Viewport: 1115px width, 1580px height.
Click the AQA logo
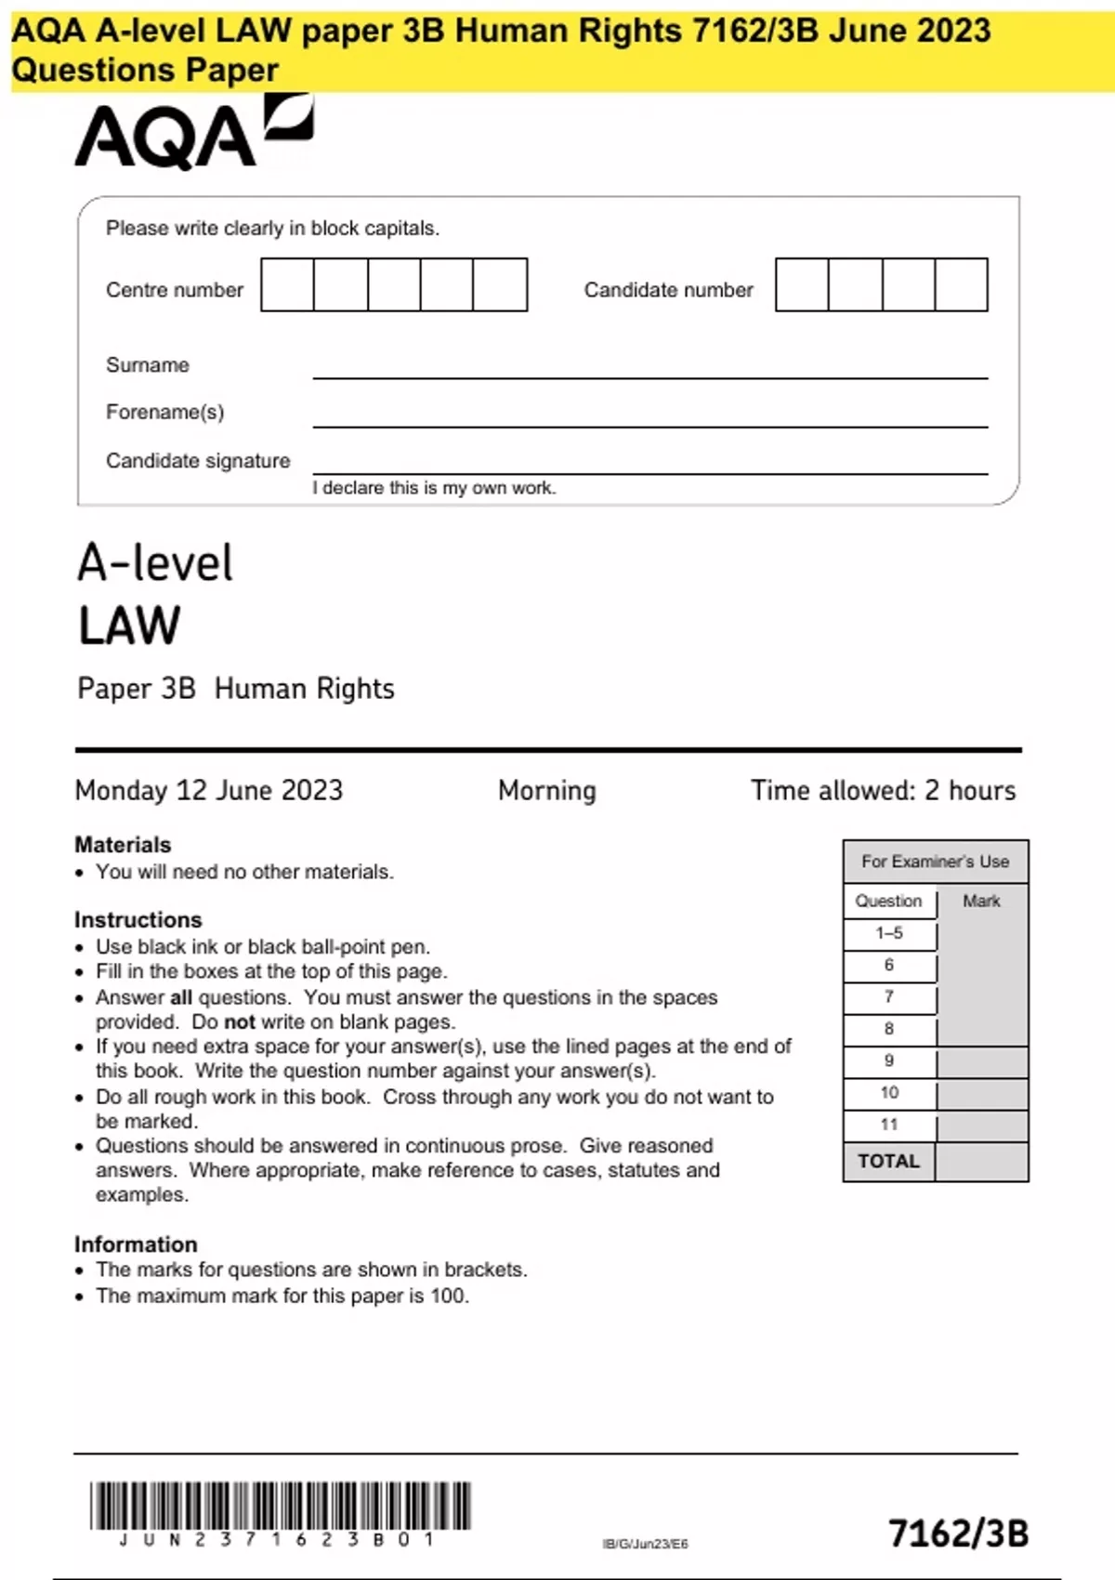[193, 134]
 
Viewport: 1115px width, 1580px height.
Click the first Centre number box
[288, 285]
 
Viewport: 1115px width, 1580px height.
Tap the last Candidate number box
[961, 285]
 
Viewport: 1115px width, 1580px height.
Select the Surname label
[148, 365]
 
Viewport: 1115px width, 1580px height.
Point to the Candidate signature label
[198, 461]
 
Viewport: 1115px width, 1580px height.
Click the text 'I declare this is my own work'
[434, 488]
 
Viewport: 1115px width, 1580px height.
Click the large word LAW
[130, 625]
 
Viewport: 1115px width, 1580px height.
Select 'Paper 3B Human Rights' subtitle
[236, 689]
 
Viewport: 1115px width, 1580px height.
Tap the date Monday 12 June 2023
[209, 791]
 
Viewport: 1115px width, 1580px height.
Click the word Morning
[547, 791]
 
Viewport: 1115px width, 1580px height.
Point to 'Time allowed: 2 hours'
[883, 791]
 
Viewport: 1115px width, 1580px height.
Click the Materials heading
[123, 845]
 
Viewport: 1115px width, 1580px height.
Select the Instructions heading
[138, 920]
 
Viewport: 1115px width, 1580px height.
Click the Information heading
[136, 1244]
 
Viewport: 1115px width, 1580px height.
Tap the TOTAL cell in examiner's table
[888, 1162]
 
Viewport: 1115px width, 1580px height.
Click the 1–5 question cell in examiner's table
[889, 933]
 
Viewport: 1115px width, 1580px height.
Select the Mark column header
[981, 902]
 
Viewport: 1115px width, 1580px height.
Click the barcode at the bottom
[281, 1506]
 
